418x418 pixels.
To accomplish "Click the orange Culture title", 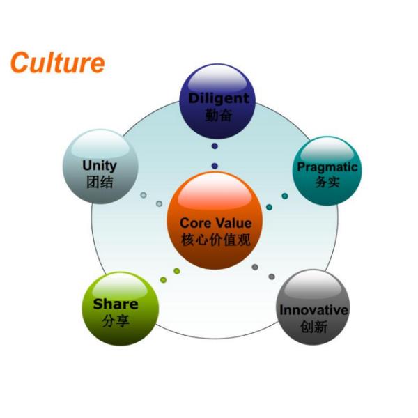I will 57,63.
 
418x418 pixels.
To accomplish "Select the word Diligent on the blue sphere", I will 219,98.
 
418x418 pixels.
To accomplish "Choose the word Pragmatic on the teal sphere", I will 327,167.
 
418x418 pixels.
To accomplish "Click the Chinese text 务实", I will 327,183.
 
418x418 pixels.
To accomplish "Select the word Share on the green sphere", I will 116,304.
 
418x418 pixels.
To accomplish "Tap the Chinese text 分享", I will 116,321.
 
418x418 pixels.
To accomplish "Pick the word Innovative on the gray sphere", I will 314,309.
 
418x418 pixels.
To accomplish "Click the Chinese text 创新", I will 314,326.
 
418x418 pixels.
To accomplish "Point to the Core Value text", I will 216,224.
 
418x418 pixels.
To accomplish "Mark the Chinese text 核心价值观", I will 216,241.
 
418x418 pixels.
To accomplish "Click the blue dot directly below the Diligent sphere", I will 215,146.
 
